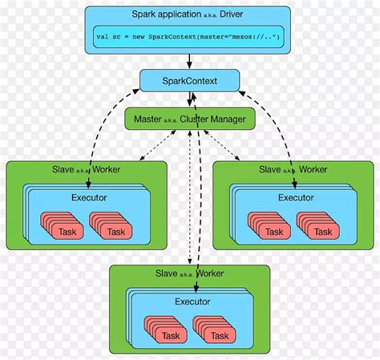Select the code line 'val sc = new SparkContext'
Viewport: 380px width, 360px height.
[x=189, y=37]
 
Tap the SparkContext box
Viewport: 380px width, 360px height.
[x=189, y=80]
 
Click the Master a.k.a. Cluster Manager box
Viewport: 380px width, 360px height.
[x=189, y=119]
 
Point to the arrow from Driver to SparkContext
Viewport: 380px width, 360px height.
[x=189, y=60]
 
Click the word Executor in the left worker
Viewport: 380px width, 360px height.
[x=86, y=196]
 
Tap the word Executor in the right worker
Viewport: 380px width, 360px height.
[x=296, y=196]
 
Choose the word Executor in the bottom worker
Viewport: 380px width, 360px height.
[x=192, y=301]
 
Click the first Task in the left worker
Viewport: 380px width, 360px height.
[x=67, y=231]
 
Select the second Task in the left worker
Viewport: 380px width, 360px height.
[x=115, y=231]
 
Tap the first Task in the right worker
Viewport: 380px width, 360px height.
[x=274, y=231]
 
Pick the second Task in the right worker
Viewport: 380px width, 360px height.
[x=323, y=231]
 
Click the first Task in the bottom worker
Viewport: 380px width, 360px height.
[x=170, y=335]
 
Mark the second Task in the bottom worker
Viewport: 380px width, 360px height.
[x=219, y=335]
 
